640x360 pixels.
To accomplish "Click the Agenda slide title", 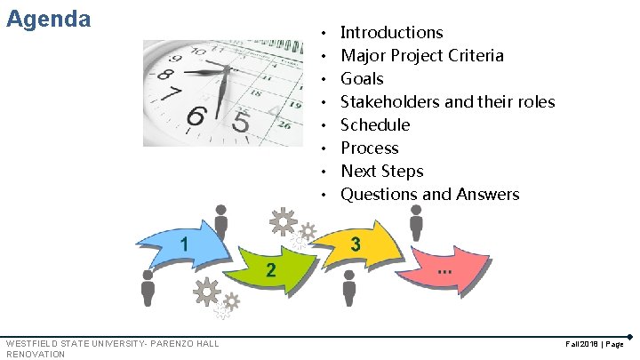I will pyautogui.click(x=48, y=19).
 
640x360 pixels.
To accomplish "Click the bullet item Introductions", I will pyautogui.click(x=391, y=33).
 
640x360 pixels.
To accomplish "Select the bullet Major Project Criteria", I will pyautogui.click(x=421, y=56).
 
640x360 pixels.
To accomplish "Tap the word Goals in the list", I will pyautogui.click(x=362, y=79).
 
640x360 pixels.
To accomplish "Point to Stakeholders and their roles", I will pyautogui.click(x=447, y=102).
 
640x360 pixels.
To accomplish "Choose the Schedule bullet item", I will pyautogui.click(x=375, y=125).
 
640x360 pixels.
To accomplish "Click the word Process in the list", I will pyautogui.click(x=369, y=148).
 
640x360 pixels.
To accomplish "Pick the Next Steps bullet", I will pyautogui.click(x=381, y=172).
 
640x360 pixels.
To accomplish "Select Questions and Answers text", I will pyautogui.click(x=429, y=195).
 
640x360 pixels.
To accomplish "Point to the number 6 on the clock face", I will pyautogui.click(x=198, y=116).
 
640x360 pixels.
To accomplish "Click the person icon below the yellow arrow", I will pyautogui.click(x=349, y=287).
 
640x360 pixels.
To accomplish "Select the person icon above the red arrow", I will pyautogui.click(x=416, y=220).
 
